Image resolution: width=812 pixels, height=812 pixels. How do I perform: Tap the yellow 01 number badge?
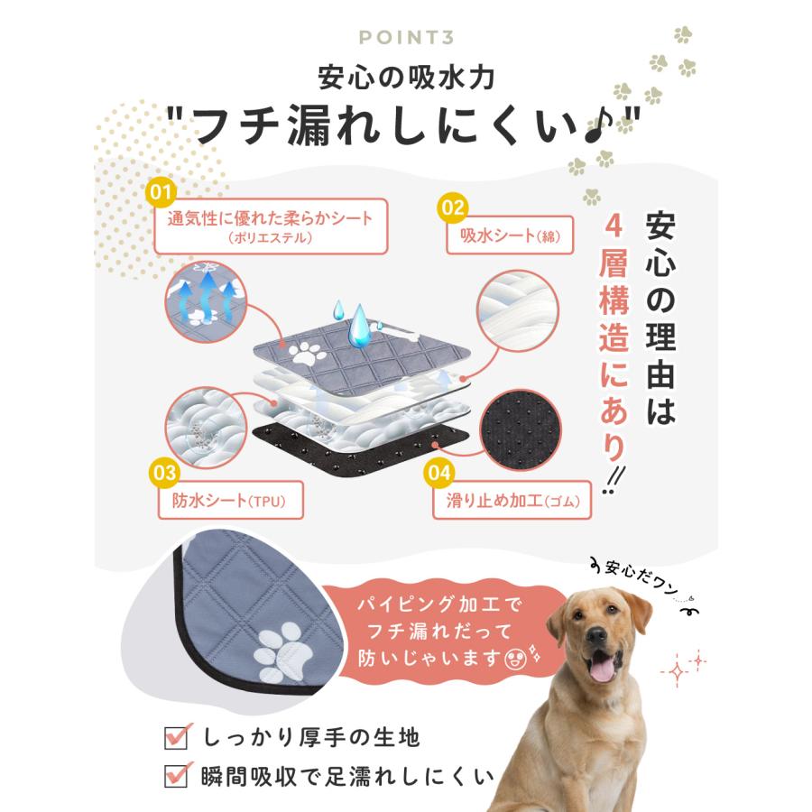161,192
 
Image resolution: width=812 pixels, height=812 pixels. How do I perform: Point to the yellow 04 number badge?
438,470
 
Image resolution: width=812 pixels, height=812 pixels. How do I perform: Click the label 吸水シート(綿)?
510,235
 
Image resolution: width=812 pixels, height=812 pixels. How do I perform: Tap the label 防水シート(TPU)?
229,501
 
